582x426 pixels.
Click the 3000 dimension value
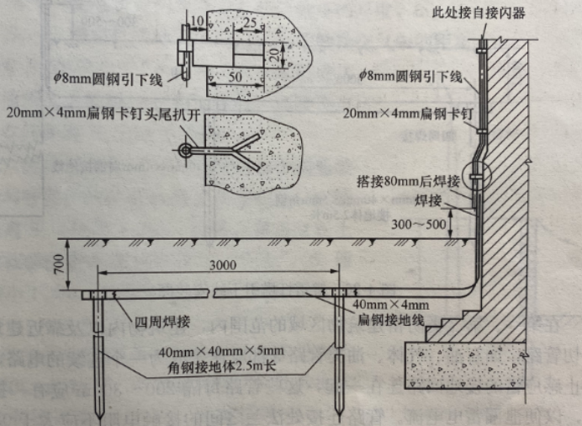pos(221,264)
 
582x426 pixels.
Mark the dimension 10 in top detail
pos(196,19)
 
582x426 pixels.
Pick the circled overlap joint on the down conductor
pos(479,179)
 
